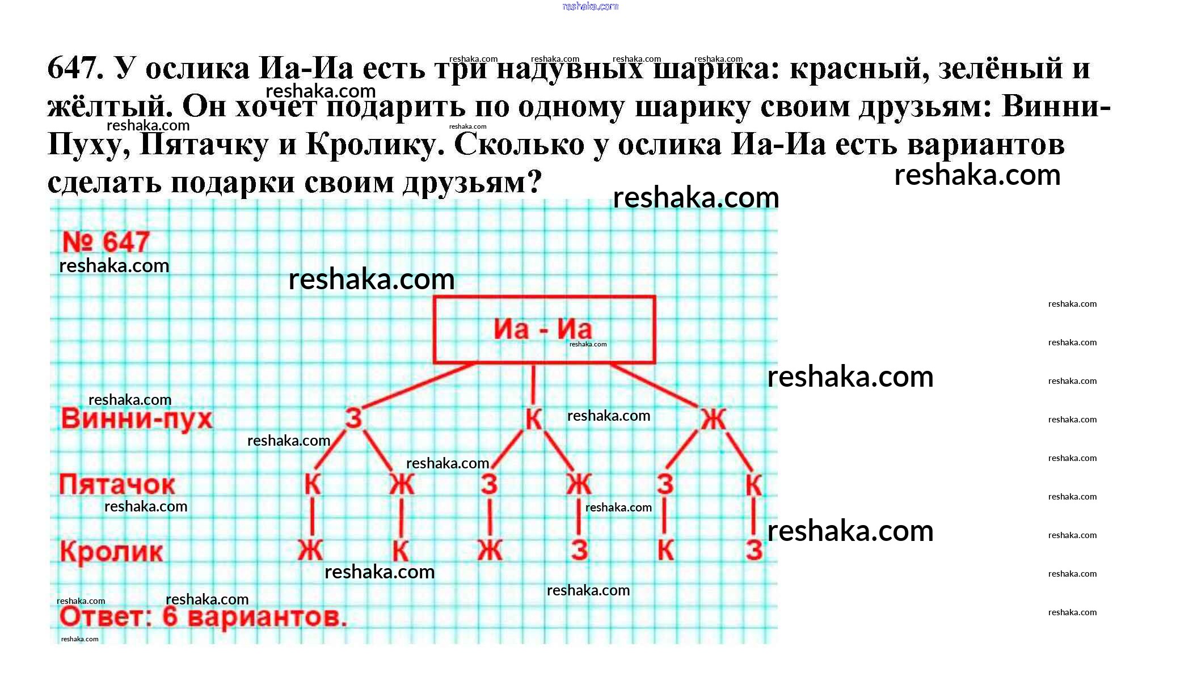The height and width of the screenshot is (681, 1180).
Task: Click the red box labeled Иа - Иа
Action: [543, 329]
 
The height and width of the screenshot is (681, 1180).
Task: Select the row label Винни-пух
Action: [137, 419]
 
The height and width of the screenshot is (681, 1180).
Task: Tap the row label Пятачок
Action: [117, 485]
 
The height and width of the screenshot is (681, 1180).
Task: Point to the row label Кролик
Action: [112, 551]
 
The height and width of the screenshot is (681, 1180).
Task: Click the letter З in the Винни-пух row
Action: [353, 419]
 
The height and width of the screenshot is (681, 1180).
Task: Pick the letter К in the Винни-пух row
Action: [533, 420]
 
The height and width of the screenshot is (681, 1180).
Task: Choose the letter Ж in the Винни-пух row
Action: [713, 420]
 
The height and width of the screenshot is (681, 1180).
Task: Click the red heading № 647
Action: [106, 243]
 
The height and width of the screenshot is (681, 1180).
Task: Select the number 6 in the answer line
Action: [170, 616]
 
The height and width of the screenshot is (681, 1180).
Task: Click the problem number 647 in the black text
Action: [74, 68]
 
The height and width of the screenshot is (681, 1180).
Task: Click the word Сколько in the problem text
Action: [519, 145]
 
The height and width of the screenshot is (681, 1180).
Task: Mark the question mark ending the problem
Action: [534, 183]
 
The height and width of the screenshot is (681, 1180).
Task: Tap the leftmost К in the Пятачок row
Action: [313, 485]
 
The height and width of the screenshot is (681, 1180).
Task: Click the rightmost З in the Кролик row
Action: [753, 550]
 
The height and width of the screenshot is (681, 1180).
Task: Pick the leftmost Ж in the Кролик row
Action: [311, 550]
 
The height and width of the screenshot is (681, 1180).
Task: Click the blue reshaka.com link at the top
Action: [590, 7]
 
